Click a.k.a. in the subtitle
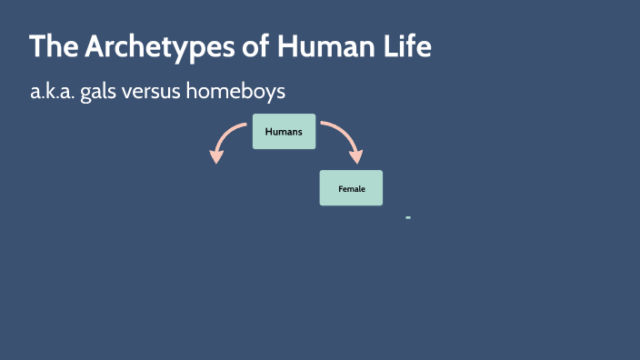click(x=52, y=93)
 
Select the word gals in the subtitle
click(x=102, y=93)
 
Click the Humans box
click(x=284, y=132)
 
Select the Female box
click(x=351, y=188)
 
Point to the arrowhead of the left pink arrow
click(x=216, y=155)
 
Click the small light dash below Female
click(x=408, y=218)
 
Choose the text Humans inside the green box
click(x=284, y=132)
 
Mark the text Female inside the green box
click(x=351, y=188)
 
